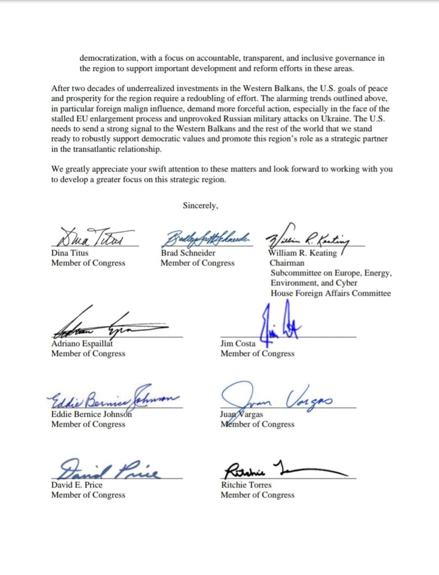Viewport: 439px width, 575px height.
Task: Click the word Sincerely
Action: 200,206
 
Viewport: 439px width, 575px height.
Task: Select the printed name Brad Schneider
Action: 189,253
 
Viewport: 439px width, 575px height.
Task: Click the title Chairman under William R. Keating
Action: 287,263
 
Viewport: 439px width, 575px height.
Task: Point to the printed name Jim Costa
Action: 238,344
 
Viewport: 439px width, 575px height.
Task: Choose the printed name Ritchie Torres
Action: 246,485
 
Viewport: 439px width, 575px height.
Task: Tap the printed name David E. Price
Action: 77,485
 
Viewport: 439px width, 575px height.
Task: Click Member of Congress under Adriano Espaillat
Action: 88,354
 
